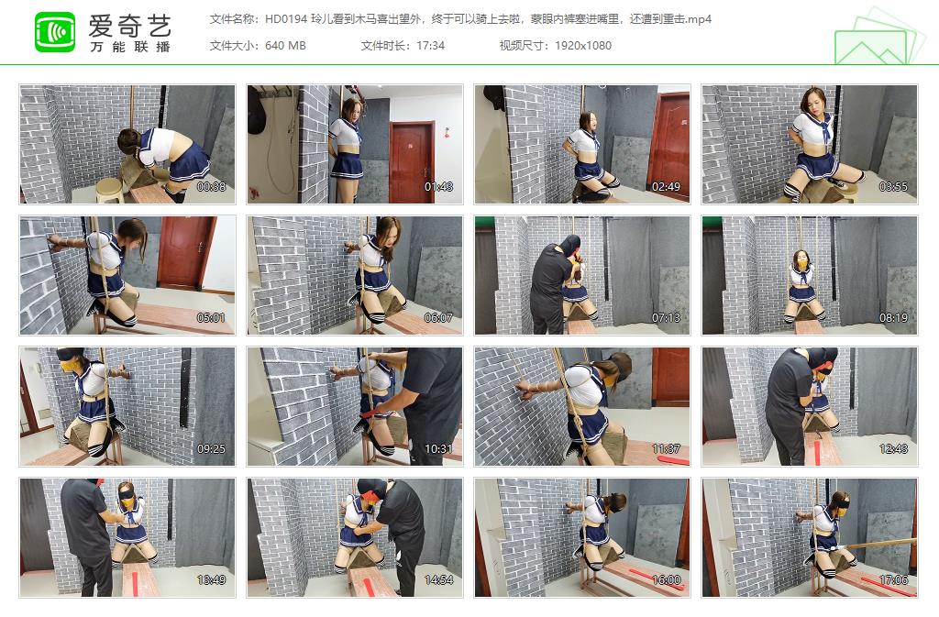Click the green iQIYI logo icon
(55, 32)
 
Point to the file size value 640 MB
(285, 46)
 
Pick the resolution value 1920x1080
(582, 46)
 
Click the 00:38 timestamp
(212, 187)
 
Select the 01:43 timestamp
(439, 187)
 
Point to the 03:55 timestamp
(894, 187)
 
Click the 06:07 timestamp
(439, 318)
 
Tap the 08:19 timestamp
(894, 318)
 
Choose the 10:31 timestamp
(439, 449)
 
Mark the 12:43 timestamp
(894, 449)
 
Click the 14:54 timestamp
(439, 580)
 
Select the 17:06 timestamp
(894, 580)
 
